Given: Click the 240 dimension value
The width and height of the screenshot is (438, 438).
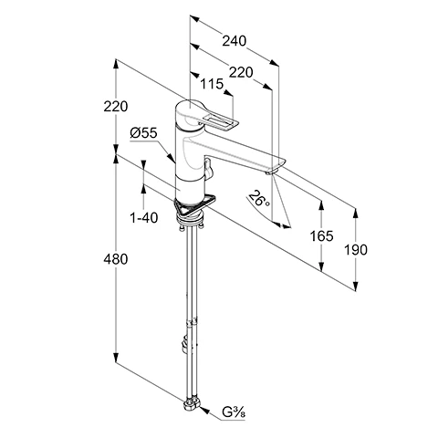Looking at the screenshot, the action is point(234,41).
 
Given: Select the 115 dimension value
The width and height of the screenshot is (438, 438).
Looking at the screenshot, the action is point(212,84).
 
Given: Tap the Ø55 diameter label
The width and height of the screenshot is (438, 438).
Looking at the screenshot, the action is point(143,133).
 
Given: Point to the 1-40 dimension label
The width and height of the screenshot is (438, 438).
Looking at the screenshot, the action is point(144,218).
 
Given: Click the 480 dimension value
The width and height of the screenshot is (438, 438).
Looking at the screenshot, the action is point(116,259).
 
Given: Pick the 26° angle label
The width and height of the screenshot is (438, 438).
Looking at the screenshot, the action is point(258,199).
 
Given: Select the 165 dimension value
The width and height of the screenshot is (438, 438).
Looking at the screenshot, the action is point(321,236).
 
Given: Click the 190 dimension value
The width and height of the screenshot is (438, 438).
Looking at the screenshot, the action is point(356,250).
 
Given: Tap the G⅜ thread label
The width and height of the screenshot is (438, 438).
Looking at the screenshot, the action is point(234,412).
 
